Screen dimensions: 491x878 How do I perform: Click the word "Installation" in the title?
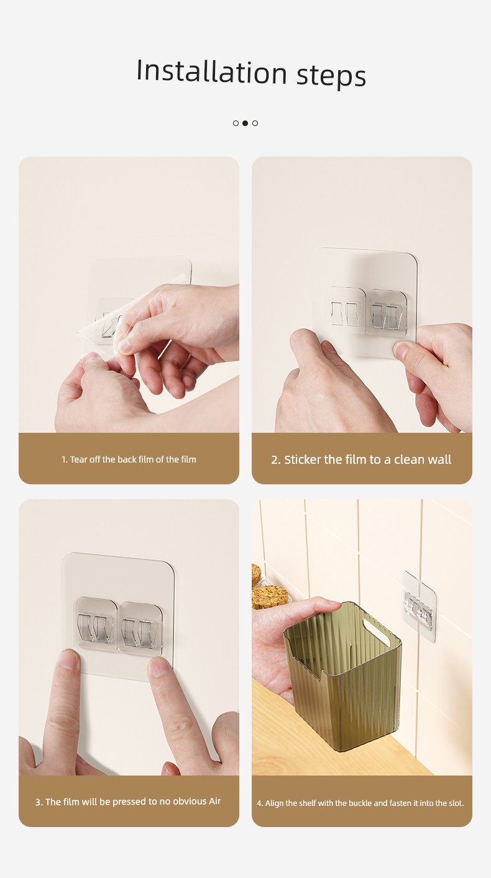pyautogui.click(x=211, y=71)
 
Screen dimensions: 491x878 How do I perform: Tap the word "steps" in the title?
pyautogui.click(x=331, y=76)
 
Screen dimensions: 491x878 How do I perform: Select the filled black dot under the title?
pyautogui.click(x=245, y=123)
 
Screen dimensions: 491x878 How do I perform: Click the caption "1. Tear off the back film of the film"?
pyautogui.click(x=129, y=459)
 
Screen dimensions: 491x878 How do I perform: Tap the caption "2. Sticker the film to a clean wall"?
pyautogui.click(x=361, y=459)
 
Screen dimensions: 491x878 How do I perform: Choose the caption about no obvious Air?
pyautogui.click(x=128, y=802)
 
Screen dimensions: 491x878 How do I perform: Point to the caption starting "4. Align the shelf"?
pyautogui.click(x=360, y=803)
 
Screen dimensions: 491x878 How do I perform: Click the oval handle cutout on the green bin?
pyautogui.click(x=377, y=631)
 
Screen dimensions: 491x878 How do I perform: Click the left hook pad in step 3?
pyautogui.click(x=96, y=624)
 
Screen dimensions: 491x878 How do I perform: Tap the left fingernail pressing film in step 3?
pyautogui.click(x=70, y=659)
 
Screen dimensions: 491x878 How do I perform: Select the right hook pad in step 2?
pyautogui.click(x=386, y=312)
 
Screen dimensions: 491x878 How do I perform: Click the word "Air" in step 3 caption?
pyautogui.click(x=214, y=801)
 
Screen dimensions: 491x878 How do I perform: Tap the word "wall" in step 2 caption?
pyautogui.click(x=438, y=459)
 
